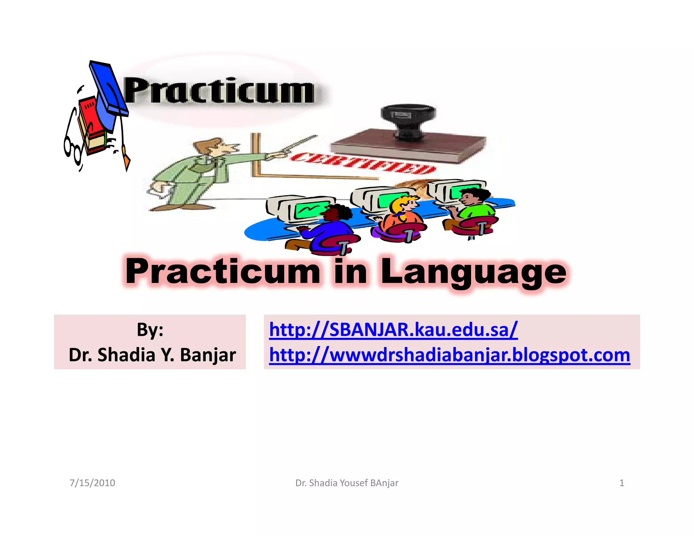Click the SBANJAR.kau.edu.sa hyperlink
click(393, 329)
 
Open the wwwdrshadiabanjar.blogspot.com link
click(449, 355)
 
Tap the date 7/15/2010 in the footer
click(92, 483)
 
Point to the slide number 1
click(621, 483)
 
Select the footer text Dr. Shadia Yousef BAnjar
click(347, 483)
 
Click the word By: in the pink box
click(150, 329)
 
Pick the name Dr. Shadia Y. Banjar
click(152, 355)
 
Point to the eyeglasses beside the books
click(72, 147)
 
